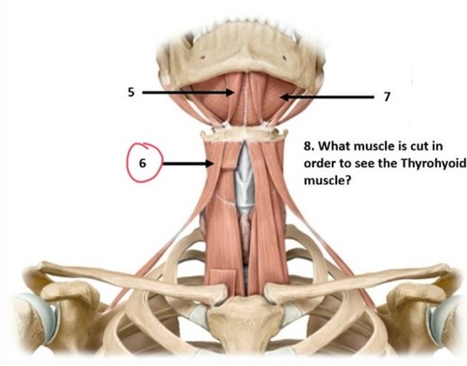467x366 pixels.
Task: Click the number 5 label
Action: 131,92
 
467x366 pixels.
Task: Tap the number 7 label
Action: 386,97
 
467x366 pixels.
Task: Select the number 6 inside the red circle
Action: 142,163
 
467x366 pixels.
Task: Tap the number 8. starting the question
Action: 309,146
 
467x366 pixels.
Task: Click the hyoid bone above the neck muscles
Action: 244,133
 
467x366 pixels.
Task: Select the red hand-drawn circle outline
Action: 127,163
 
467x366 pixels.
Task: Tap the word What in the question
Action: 334,146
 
